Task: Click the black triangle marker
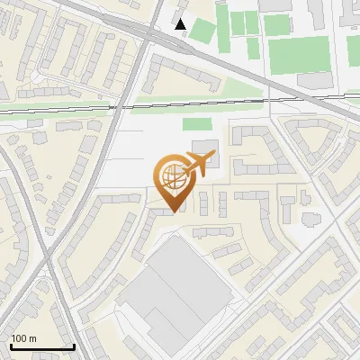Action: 182,24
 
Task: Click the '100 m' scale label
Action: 24,338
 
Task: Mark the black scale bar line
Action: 41,346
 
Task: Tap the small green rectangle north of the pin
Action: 196,124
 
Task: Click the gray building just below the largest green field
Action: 313,81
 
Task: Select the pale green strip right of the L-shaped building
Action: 243,90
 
